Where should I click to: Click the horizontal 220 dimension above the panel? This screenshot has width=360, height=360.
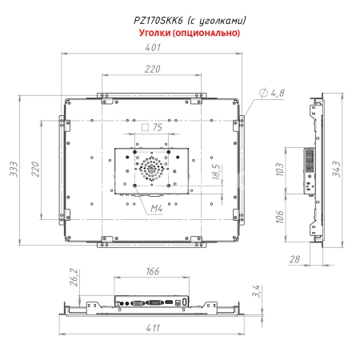click(150, 70)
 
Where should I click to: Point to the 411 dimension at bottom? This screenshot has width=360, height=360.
click(152, 328)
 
